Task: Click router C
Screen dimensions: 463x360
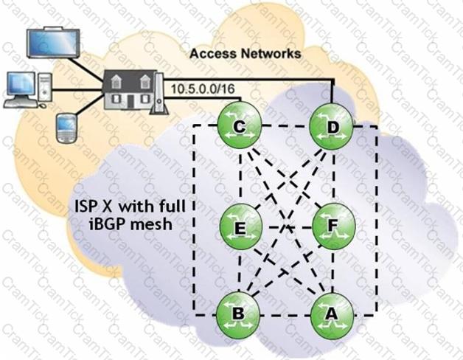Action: [239, 127]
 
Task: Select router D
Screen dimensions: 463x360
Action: [331, 127]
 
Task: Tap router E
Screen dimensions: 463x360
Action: [241, 227]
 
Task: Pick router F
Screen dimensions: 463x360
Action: [333, 226]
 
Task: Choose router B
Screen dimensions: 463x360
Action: [238, 314]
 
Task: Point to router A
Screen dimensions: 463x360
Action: [332, 314]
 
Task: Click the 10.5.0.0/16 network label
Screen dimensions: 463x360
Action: [203, 89]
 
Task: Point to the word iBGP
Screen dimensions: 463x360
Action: [108, 224]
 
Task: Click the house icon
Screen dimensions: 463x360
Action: [130, 89]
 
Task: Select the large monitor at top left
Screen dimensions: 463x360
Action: [53, 42]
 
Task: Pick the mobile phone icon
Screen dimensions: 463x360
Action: [66, 128]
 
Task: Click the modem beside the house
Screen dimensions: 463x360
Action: [159, 94]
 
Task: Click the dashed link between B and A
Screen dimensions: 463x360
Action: [285, 315]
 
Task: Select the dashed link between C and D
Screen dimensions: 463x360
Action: [285, 126]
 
